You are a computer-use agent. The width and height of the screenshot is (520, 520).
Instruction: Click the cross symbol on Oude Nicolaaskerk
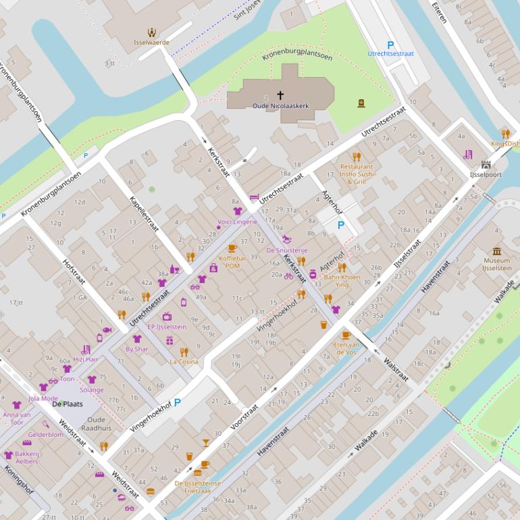(x=280, y=97)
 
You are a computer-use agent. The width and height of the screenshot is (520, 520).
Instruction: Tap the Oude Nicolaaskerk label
(x=280, y=106)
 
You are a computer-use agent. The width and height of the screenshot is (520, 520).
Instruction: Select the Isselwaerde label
(x=151, y=42)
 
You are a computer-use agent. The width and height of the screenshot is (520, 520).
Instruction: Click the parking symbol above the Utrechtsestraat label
(x=390, y=45)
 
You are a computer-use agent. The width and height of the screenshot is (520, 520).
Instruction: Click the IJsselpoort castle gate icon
(x=486, y=165)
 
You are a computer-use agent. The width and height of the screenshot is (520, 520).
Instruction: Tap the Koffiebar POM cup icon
(x=232, y=248)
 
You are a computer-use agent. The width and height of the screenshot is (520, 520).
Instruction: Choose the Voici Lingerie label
(x=237, y=222)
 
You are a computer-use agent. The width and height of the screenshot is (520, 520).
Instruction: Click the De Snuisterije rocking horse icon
(x=288, y=239)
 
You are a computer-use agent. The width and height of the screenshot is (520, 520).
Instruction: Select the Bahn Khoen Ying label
(x=342, y=281)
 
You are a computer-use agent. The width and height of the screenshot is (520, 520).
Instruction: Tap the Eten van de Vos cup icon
(x=346, y=335)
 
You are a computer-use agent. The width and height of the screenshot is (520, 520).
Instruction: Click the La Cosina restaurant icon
(x=184, y=352)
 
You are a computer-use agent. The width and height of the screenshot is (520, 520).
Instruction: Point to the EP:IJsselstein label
(x=166, y=327)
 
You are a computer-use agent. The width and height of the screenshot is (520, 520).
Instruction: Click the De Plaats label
(x=67, y=404)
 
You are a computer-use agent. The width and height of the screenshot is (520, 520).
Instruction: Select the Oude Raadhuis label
(x=101, y=423)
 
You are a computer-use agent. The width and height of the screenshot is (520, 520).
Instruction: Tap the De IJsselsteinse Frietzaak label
(x=197, y=487)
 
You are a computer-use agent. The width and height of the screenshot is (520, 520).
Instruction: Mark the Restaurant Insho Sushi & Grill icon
(x=357, y=157)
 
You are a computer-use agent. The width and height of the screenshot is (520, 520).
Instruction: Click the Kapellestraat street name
(x=144, y=213)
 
